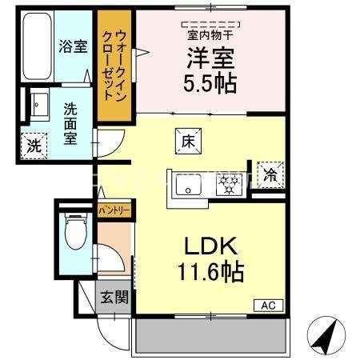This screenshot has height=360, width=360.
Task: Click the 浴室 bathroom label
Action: click(x=72, y=46)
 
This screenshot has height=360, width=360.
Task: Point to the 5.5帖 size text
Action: click(x=211, y=83)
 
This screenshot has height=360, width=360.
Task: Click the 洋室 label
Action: click(x=210, y=57)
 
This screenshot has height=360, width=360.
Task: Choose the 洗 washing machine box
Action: click(x=34, y=146)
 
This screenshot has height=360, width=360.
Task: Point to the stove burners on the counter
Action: click(x=229, y=186)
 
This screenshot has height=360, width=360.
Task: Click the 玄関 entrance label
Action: click(x=113, y=298)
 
